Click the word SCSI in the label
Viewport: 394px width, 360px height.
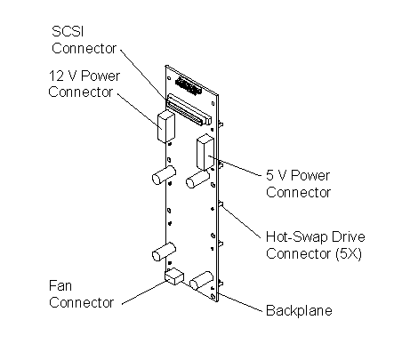pyautogui.click(x=68, y=31)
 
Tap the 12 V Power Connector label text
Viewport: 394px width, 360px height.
pyautogui.click(x=84, y=84)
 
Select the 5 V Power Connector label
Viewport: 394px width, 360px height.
pyautogui.click(x=298, y=184)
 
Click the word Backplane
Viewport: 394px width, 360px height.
pyautogui.click(x=299, y=310)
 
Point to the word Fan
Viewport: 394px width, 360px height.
pyautogui.click(x=60, y=286)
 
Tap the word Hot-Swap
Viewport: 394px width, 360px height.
pyautogui.click(x=297, y=237)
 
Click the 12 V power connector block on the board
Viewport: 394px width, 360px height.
pyautogui.click(x=166, y=127)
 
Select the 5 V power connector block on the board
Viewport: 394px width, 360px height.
pyautogui.click(x=205, y=152)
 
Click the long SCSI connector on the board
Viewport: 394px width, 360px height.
pyautogui.click(x=189, y=109)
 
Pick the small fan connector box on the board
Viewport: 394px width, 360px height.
pyautogui.click(x=174, y=276)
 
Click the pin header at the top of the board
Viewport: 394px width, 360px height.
pyautogui.click(x=189, y=85)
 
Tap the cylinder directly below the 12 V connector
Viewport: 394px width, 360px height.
pyautogui.click(x=164, y=175)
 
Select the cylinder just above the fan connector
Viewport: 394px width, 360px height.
pyautogui.click(x=164, y=252)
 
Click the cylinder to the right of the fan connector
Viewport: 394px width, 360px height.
pyautogui.click(x=201, y=280)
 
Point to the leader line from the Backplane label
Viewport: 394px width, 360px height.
pyautogui.click(x=240, y=302)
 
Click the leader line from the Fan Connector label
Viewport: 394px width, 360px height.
pyautogui.click(x=144, y=292)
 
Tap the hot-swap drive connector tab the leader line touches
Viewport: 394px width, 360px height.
pyautogui.click(x=221, y=204)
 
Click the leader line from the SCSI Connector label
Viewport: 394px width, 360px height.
pyautogui.click(x=143, y=75)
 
